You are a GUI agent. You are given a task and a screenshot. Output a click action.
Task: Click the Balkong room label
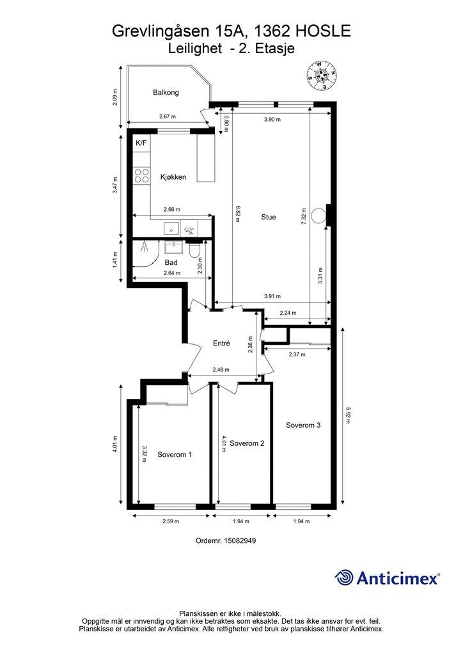click(x=166, y=92)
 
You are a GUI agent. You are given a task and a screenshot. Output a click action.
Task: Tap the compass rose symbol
click(x=322, y=76)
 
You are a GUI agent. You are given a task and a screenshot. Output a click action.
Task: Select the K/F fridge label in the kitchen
click(x=141, y=143)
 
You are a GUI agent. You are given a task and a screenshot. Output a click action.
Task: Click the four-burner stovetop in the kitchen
click(x=141, y=175)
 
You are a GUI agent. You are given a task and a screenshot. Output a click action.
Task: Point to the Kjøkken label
click(x=173, y=177)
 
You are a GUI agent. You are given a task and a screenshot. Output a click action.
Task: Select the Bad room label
click(x=171, y=262)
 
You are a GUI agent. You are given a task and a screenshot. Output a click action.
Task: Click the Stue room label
click(x=269, y=217)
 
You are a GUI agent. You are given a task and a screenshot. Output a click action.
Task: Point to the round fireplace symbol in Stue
click(x=318, y=216)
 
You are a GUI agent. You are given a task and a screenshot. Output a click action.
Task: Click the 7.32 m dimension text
click(x=304, y=216)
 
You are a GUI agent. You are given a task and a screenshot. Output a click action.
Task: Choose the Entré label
click(x=222, y=343)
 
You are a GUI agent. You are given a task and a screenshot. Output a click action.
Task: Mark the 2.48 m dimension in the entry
click(x=221, y=370)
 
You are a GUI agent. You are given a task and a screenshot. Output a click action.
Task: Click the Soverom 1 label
click(x=175, y=455)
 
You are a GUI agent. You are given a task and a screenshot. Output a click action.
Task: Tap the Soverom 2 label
click(x=247, y=443)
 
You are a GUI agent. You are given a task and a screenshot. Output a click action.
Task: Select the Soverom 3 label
click(x=303, y=425)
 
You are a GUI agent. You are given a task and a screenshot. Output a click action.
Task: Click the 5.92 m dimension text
click(x=348, y=416)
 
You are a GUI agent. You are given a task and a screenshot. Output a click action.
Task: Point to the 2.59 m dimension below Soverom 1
click(x=171, y=521)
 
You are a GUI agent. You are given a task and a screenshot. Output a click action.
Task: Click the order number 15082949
click(x=240, y=541)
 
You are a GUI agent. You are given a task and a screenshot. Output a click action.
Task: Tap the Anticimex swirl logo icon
click(x=344, y=578)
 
